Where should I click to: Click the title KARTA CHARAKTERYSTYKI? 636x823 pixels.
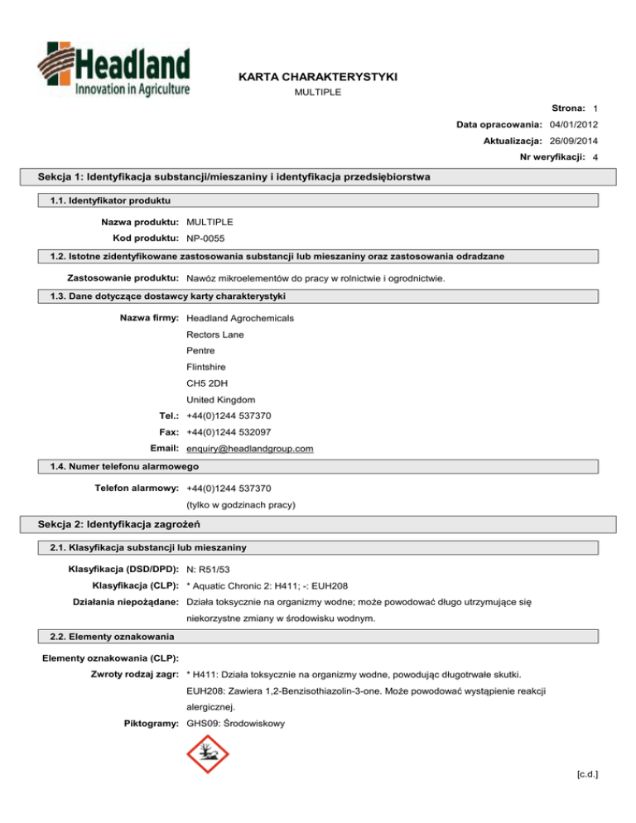click(317, 76)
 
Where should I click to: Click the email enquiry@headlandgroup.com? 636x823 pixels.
click(250, 449)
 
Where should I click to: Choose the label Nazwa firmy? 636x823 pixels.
click(151, 317)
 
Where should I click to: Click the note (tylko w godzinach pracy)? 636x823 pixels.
click(241, 504)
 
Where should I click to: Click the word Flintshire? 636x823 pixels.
click(206, 367)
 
